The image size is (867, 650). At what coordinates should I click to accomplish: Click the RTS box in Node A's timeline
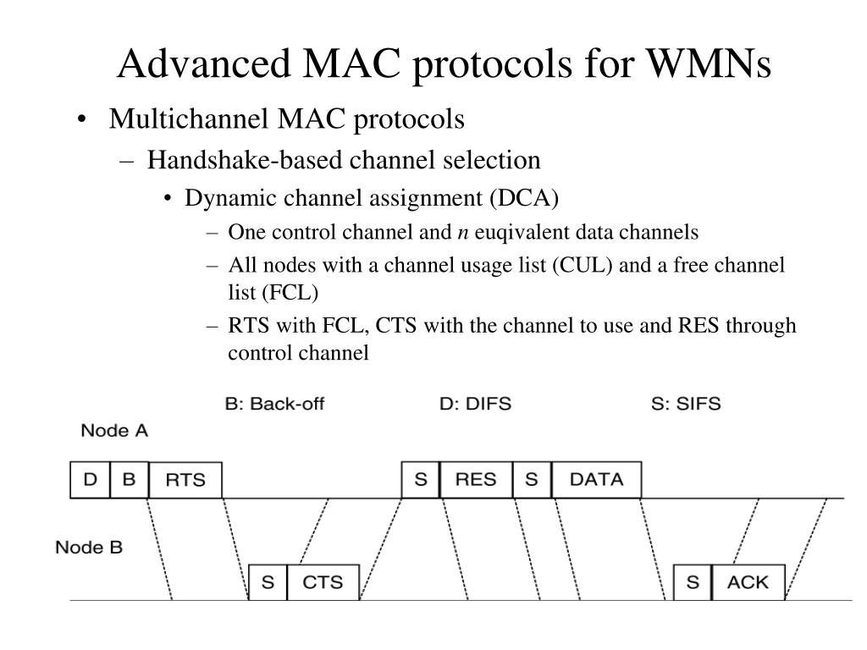[185, 480]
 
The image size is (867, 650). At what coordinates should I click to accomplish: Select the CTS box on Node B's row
[323, 582]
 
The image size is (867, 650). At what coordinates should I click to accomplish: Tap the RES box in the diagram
[476, 480]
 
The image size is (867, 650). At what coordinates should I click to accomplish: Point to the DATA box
[596, 480]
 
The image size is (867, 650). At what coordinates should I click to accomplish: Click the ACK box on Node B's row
[748, 582]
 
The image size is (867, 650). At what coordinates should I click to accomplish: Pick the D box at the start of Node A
[90, 480]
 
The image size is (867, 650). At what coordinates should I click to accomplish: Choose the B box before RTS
[129, 480]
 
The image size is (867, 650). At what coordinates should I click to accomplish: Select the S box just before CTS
[268, 582]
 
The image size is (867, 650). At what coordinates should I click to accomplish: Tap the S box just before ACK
[693, 582]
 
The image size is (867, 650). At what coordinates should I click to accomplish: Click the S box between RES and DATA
[532, 480]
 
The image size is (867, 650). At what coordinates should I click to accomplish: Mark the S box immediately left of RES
[421, 480]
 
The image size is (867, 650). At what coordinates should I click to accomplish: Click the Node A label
[114, 431]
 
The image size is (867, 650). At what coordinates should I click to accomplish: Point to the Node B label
[89, 548]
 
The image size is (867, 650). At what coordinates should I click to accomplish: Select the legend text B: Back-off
[274, 404]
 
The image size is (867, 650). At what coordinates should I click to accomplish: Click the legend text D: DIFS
[475, 404]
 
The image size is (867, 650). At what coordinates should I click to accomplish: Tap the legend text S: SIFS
[686, 404]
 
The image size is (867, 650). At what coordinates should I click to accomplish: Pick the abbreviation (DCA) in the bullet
[523, 198]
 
